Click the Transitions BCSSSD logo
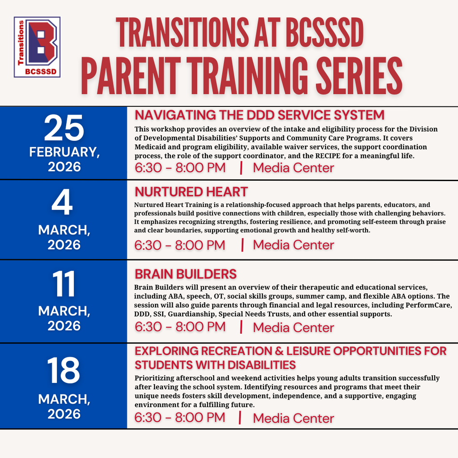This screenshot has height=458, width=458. click(x=37, y=47)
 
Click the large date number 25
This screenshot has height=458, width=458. click(x=64, y=128)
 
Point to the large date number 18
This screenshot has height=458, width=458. click(x=64, y=371)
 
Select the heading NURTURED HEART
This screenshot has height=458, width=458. click(x=191, y=192)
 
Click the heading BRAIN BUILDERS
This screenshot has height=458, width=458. click(x=186, y=274)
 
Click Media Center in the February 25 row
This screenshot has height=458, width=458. click(x=293, y=168)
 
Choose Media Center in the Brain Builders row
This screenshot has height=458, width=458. click(x=293, y=327)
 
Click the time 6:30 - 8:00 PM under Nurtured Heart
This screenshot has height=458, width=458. click(x=180, y=245)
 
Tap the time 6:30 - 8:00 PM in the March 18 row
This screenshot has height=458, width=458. click(x=180, y=418)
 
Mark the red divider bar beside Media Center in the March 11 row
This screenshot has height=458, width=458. click(x=242, y=327)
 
